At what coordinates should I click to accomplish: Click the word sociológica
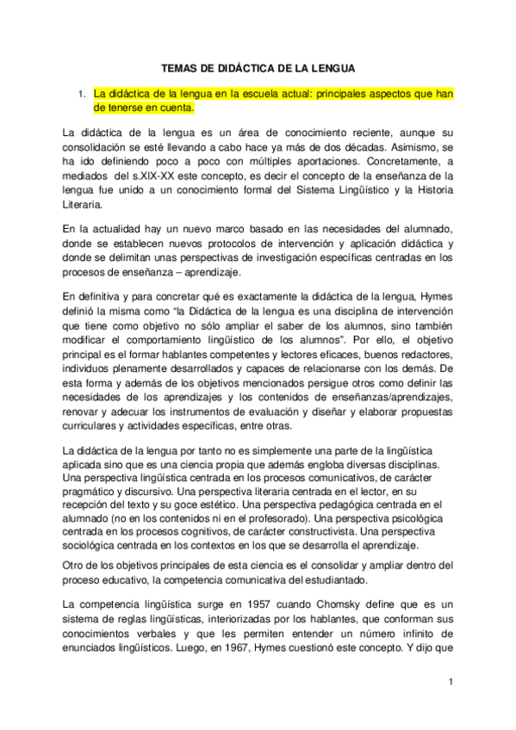pos(98,547)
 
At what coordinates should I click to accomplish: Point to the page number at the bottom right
pos(450,682)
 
